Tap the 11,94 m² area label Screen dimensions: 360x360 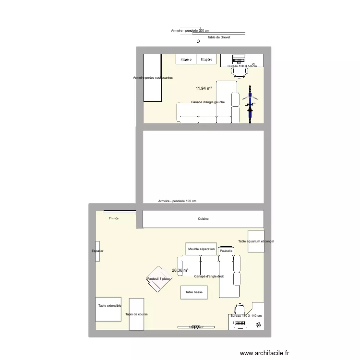pyautogui.click(x=204, y=88)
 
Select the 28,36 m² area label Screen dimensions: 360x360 pyautogui.click(x=180, y=271)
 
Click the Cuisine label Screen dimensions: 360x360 pyautogui.click(x=204, y=219)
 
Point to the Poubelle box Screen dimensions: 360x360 pyautogui.click(x=226, y=251)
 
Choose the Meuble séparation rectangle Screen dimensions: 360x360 pyautogui.click(x=202, y=249)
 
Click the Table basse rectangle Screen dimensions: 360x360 pyautogui.click(x=194, y=292)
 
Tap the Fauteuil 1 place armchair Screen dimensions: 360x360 pyautogui.click(x=158, y=279)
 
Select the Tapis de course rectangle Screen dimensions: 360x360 pyautogui.click(x=136, y=314)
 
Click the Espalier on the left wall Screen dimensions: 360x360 pyautogui.click(x=97, y=251)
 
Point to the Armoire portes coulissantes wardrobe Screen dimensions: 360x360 pyautogui.click(x=152, y=78)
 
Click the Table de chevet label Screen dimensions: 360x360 pyautogui.click(x=219, y=37)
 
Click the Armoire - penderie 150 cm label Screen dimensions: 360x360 pyautogui.click(x=177, y=201)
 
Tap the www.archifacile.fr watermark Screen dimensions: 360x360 pyautogui.click(x=265, y=353)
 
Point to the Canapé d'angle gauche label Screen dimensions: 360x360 pyautogui.click(x=207, y=102)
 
